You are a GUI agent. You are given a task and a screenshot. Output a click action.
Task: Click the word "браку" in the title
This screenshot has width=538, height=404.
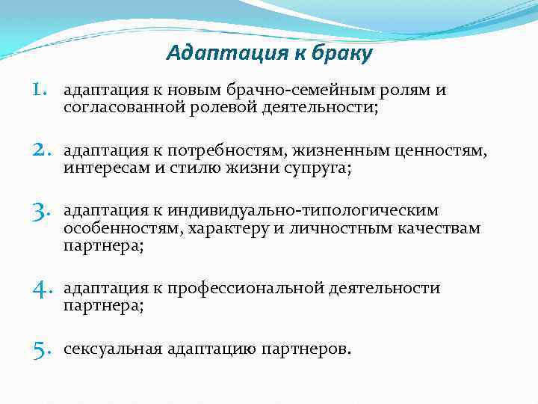pyautogui.click(x=341, y=54)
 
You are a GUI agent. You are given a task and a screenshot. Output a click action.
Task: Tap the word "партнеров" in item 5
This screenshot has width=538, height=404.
pyautogui.click(x=306, y=349)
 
